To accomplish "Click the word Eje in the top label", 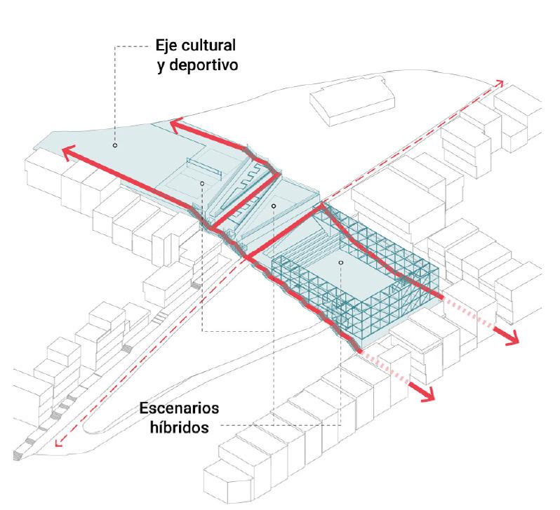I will [x=168, y=47].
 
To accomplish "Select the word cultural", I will [x=208, y=47].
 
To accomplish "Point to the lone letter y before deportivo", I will [x=161, y=69].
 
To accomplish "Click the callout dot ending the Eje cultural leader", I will [x=115, y=146].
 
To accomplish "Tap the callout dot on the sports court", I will [x=202, y=184].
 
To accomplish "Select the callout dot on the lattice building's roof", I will [x=340, y=263].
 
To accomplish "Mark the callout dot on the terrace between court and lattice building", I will [x=273, y=206].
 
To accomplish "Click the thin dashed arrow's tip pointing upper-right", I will [x=500, y=81].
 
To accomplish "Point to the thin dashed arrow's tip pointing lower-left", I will [x=58, y=443].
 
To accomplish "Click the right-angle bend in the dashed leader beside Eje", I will [x=114, y=48].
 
